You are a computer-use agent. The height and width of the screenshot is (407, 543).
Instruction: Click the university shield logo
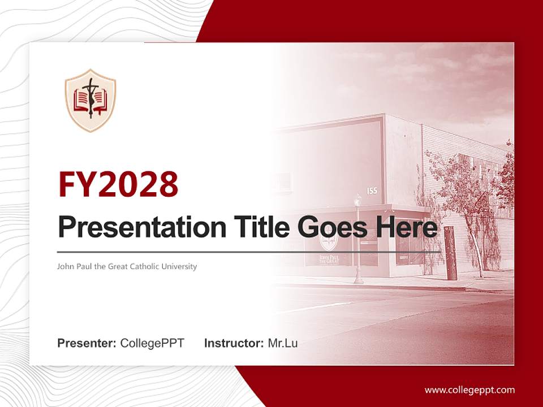point(90,101)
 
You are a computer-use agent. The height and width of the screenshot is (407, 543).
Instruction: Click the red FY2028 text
point(118,184)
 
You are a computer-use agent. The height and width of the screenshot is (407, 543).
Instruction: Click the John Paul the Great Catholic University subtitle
point(127,266)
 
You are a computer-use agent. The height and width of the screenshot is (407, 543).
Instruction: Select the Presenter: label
point(87,343)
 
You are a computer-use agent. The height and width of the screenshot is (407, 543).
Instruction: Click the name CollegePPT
point(152,343)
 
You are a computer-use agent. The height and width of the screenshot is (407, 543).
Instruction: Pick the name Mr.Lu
point(283,343)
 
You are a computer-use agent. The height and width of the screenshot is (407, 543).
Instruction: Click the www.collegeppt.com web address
point(469,389)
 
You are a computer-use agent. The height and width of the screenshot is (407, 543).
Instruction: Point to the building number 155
point(372,191)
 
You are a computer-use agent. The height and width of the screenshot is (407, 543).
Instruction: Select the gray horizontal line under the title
point(249,252)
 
